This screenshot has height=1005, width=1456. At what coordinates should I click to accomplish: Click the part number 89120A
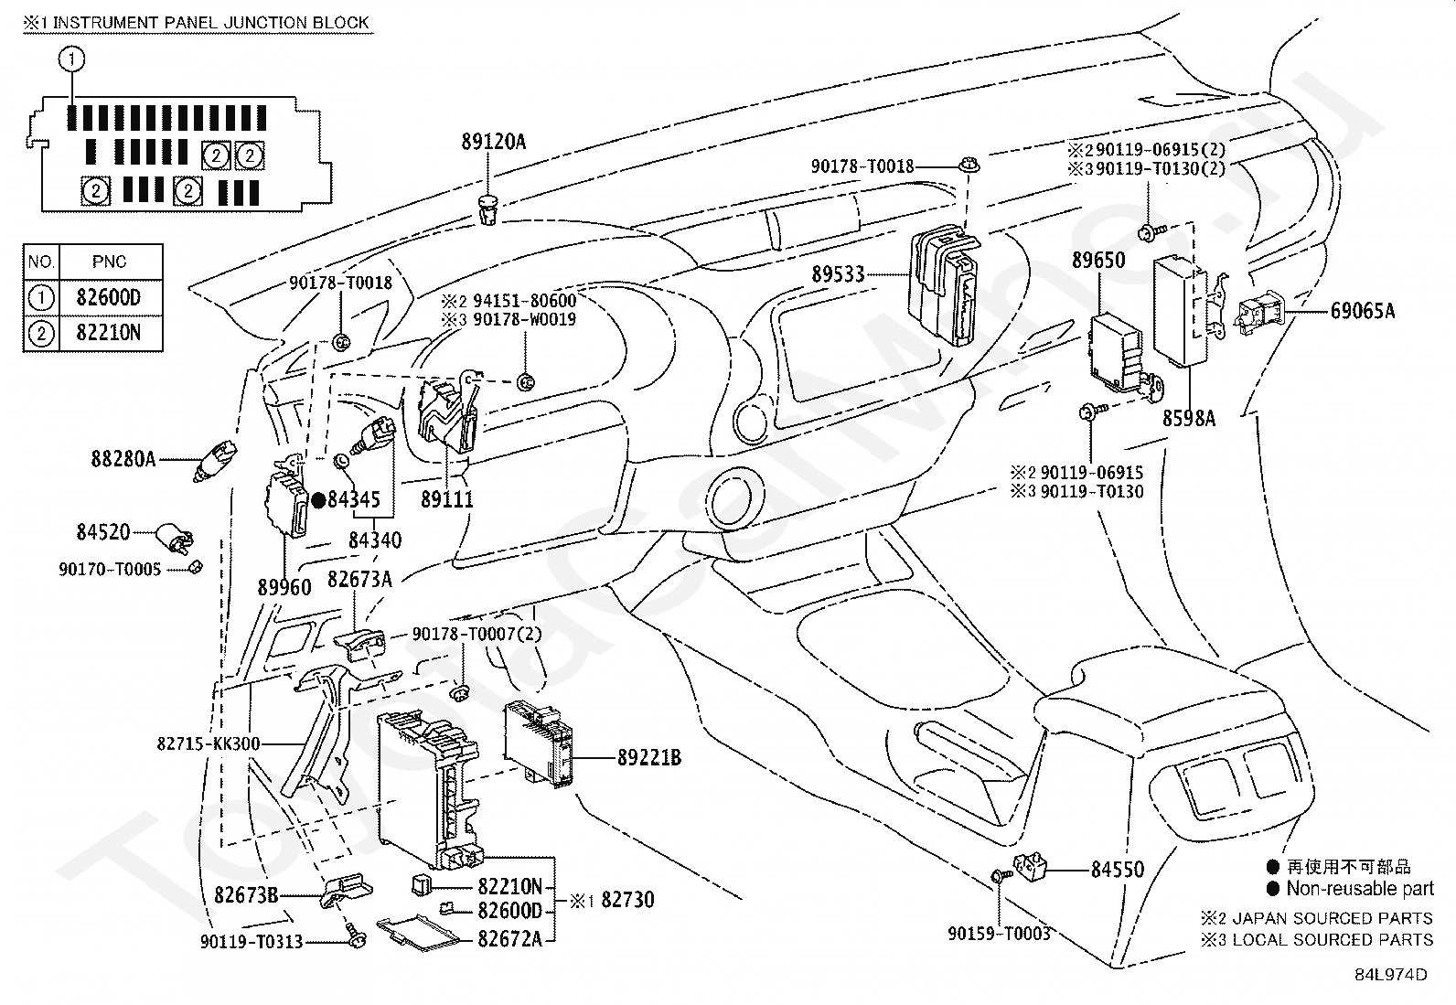pyautogui.click(x=493, y=142)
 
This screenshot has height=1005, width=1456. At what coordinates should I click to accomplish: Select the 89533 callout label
pyautogui.click(x=838, y=274)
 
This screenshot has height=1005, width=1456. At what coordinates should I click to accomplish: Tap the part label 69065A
pyautogui.click(x=1363, y=311)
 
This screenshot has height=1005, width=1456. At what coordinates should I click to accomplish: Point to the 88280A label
pyautogui.click(x=123, y=460)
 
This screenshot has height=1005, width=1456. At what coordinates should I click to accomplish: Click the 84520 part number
pyautogui.click(x=103, y=531)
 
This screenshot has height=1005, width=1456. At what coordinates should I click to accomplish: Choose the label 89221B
pyautogui.click(x=649, y=757)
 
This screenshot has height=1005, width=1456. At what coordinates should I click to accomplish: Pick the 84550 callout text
pyautogui.click(x=1118, y=869)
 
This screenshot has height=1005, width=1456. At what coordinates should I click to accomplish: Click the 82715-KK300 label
pyautogui.click(x=209, y=743)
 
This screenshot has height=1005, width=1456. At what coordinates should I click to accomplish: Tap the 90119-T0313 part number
pyautogui.click(x=252, y=941)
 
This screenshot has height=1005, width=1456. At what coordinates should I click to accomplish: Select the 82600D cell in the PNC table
pyautogui.click(x=109, y=298)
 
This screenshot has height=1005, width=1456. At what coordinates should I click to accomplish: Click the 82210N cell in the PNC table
pyautogui.click(x=109, y=333)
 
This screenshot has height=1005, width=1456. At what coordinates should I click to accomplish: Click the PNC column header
pyautogui.click(x=109, y=262)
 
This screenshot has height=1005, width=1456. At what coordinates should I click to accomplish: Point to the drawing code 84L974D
pyautogui.click(x=1391, y=975)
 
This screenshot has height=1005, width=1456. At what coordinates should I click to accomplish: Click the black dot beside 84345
pyautogui.click(x=318, y=500)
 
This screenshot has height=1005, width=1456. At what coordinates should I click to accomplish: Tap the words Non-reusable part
pyautogui.click(x=1361, y=889)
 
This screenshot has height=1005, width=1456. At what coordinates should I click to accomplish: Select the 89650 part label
pyautogui.click(x=1098, y=260)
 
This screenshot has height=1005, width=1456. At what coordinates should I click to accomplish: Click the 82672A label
pyautogui.click(x=509, y=938)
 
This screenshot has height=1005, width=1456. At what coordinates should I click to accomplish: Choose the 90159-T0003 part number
pyautogui.click(x=999, y=933)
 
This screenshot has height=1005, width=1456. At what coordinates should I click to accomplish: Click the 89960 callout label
pyautogui.click(x=284, y=587)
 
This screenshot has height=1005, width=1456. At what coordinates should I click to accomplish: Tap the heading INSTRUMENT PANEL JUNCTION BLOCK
pyautogui.click(x=210, y=22)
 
